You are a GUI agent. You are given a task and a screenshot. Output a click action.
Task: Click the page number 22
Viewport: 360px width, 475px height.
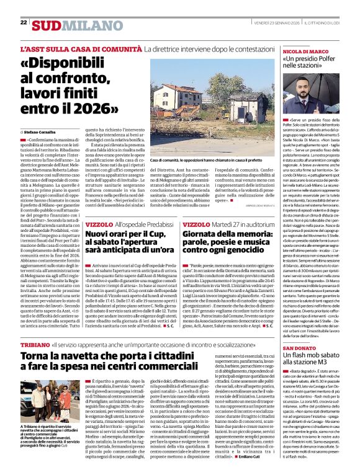(x=24, y=22)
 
